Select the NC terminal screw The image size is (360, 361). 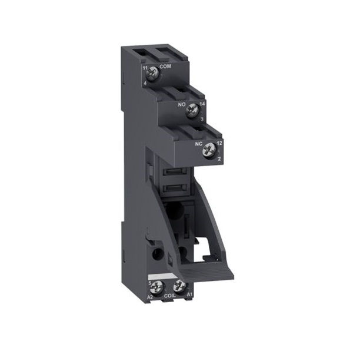click(x=208, y=151)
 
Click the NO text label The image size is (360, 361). click(x=181, y=102)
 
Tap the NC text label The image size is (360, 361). click(x=198, y=143)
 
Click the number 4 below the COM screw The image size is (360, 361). click(x=145, y=83)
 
